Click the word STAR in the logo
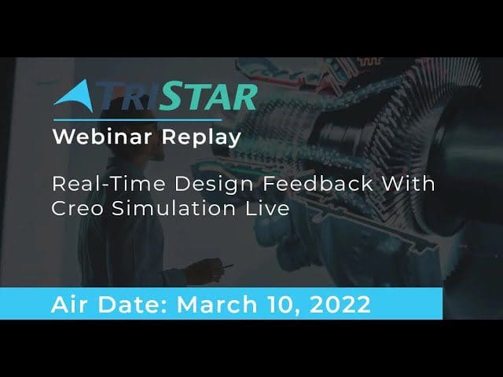[208, 96]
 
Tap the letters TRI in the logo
[127, 96]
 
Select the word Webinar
[102, 137]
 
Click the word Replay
[201, 138]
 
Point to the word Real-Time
[108, 185]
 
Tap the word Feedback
[318, 184]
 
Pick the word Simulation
[174, 208]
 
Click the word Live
[267, 208]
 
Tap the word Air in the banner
[68, 304]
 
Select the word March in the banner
[217, 304]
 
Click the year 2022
[340, 304]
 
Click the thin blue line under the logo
[138, 120]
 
